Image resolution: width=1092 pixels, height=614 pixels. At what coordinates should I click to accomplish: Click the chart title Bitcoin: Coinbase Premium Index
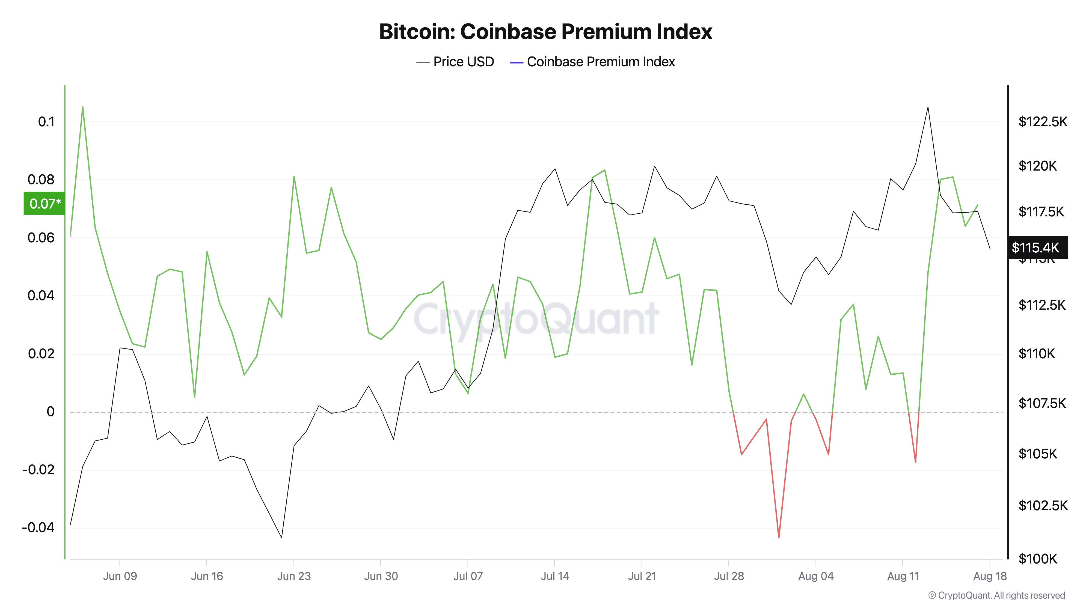coord(545,32)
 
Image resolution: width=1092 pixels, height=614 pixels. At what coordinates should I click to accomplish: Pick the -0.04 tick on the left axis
coord(38,527)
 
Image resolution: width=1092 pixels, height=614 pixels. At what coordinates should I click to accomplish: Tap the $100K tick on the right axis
coord(1037,559)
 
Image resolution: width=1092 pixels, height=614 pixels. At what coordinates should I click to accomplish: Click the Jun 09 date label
coord(120,576)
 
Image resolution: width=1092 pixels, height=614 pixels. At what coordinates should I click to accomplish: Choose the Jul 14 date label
coord(554,576)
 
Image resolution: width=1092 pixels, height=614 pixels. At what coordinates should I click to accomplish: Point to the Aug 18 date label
coord(989,576)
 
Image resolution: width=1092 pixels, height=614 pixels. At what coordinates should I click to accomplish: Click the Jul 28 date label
coord(729,576)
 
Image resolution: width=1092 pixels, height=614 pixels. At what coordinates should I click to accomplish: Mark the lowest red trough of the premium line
coord(779,538)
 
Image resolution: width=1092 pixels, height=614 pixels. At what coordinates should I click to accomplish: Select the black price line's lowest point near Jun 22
coord(281,538)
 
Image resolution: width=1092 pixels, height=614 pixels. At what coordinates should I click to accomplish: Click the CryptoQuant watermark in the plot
coord(536,319)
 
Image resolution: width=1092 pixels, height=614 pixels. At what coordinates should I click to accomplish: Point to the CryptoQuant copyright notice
coord(996,596)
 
